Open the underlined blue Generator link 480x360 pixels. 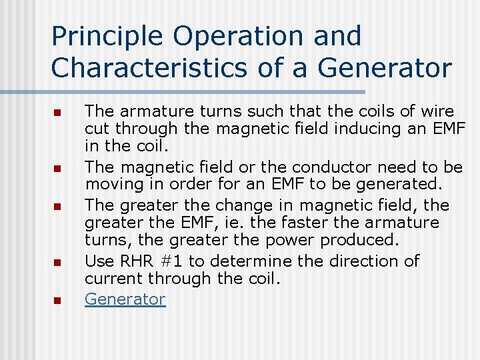(125, 299)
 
